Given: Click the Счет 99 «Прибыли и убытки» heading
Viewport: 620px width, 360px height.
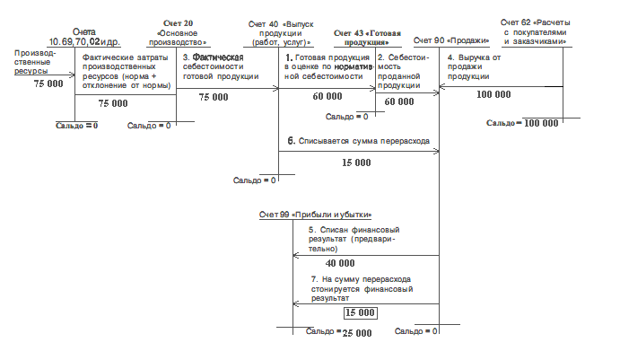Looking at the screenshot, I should [314, 214].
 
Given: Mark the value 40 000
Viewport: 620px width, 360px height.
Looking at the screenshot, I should [340, 264].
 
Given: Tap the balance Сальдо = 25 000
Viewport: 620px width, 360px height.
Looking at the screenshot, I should [339, 333].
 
